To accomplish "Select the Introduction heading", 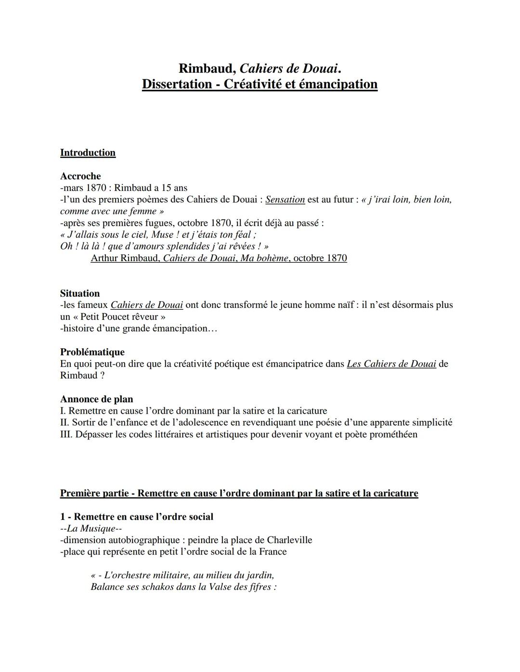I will tap(88, 153).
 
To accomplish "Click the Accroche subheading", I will tap(80, 176).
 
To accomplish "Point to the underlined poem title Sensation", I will tap(285, 200).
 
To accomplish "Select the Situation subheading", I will tap(80, 293).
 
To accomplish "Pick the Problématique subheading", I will tap(92, 352).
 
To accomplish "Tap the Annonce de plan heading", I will tap(96, 399).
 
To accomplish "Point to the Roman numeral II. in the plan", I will tap(65, 423).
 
